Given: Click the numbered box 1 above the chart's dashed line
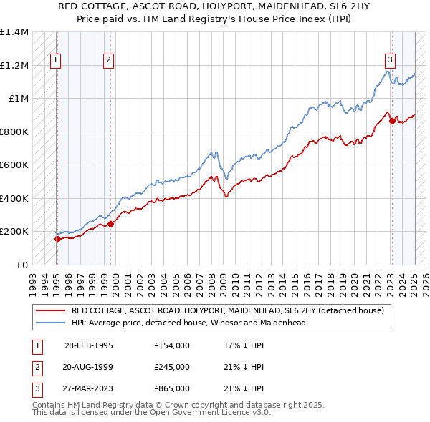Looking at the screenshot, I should pos(56,61).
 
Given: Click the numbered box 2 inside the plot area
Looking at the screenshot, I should pos(108,61).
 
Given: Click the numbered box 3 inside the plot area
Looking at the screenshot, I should pos(391,61).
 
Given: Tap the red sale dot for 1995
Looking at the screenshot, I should pos(57,239).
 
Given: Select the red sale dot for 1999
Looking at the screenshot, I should pos(111,224).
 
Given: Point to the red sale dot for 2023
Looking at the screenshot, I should pos(392,121).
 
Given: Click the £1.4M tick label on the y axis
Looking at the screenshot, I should pos(14,32).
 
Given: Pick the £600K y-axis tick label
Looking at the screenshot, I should pos(14,165).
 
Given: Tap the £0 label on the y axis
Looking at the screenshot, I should pos(21,265).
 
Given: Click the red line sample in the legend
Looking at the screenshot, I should pos(50,310).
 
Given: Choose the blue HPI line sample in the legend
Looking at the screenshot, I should pos(50,323).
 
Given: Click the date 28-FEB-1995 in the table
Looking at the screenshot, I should pos(89,345).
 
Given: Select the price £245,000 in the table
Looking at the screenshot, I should pos(172,367).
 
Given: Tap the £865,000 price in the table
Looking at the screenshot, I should pos(172,389).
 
